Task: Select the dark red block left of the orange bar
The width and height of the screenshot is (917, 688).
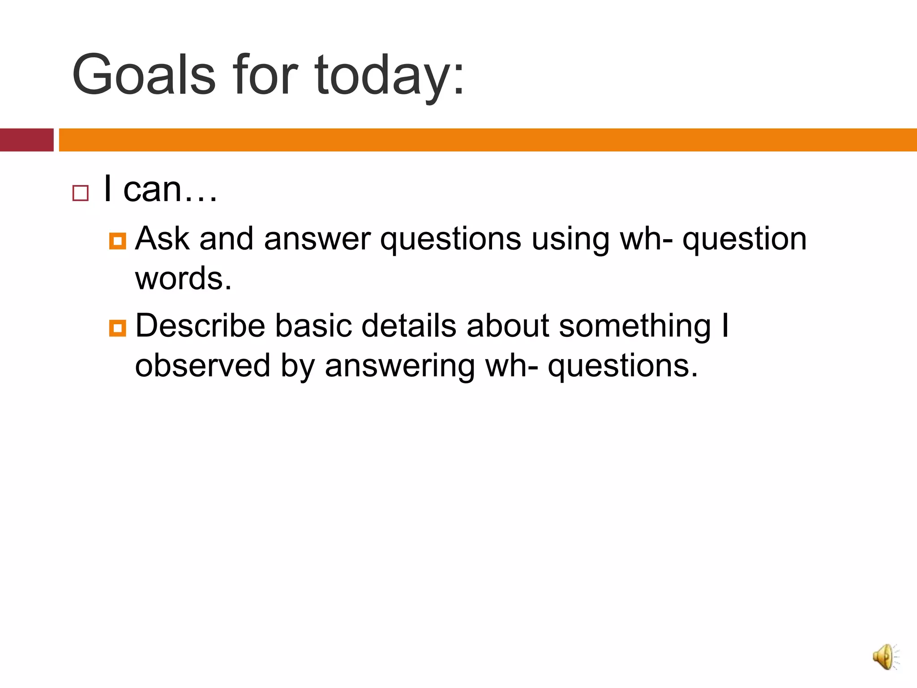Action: [26, 140]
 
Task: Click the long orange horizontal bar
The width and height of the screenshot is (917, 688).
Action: [487, 140]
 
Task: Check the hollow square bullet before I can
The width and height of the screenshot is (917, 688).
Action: [81, 193]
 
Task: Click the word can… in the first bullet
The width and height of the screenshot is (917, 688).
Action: [170, 189]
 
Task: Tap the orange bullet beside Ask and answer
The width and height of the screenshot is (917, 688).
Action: [117, 241]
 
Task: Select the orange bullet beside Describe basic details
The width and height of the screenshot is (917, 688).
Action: [117, 328]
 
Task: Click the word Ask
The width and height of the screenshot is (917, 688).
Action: [162, 238]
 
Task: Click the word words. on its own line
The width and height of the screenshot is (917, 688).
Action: [183, 279]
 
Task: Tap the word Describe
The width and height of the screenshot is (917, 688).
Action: [200, 326]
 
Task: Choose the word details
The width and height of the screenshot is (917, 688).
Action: [409, 326]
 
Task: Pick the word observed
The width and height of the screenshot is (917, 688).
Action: [202, 365]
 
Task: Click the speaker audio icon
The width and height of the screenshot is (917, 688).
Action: [885, 657]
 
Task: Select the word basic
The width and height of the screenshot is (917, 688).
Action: [313, 326]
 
